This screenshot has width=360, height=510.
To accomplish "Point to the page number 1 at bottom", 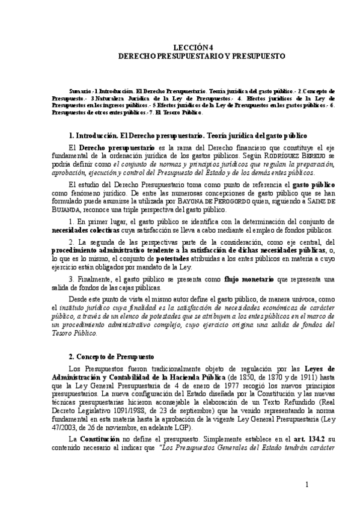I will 307,485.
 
